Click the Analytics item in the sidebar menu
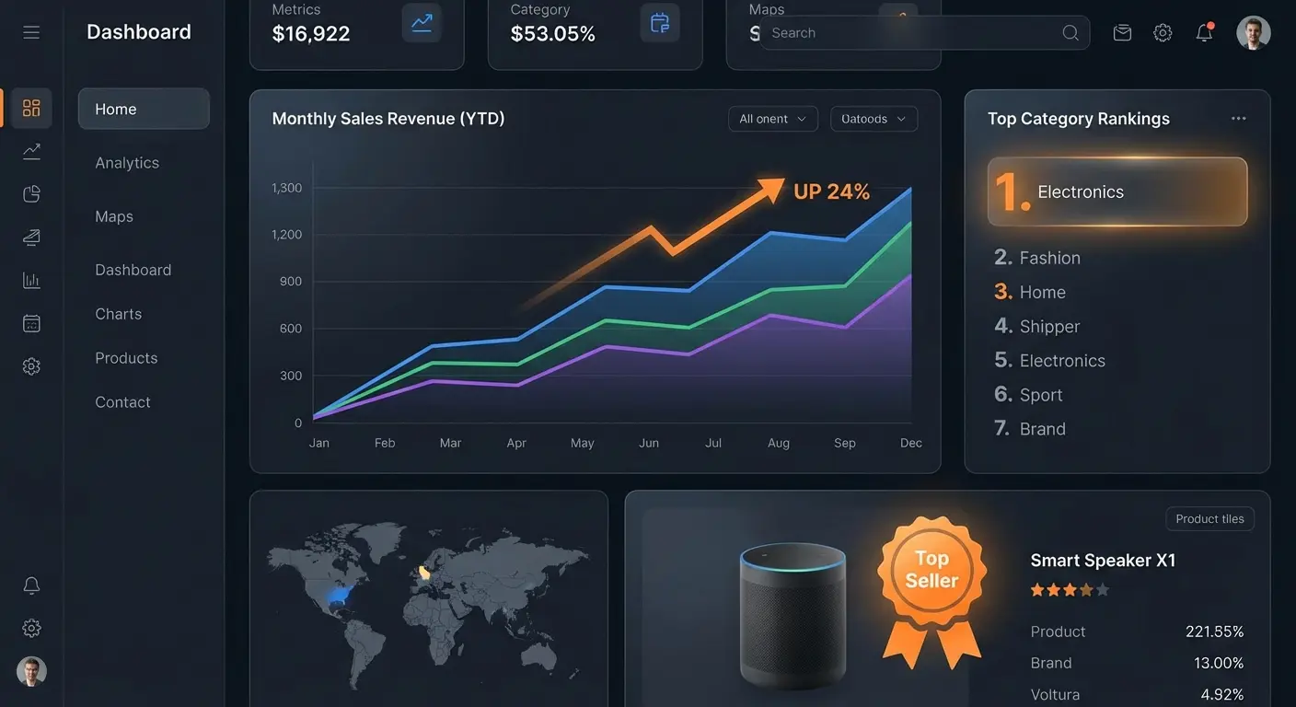tap(127, 163)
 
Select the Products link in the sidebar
tap(126, 358)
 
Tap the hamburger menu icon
tap(31, 33)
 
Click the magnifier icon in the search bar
tap(1070, 33)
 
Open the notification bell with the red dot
tap(1204, 33)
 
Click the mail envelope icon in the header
tap(1122, 33)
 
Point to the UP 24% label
tap(831, 191)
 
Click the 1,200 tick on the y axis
tap(287, 235)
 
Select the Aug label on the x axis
tap(779, 443)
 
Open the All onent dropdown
tap(772, 119)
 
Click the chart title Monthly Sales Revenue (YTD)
tap(388, 119)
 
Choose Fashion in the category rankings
tap(1049, 258)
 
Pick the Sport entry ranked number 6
tap(1041, 395)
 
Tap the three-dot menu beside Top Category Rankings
tap(1239, 119)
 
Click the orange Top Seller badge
tap(931, 571)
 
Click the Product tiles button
tap(1209, 519)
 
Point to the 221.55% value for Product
tap(1214, 632)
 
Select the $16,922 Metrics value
tap(311, 34)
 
